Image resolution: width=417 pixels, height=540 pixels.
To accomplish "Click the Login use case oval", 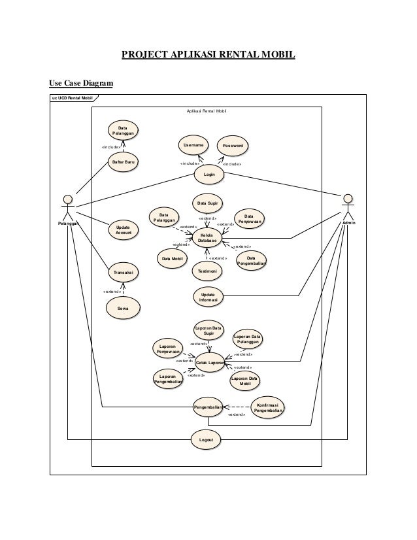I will (210, 175).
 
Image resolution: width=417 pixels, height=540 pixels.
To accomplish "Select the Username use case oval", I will (193, 144).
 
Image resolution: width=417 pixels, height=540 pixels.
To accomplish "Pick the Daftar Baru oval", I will (124, 161).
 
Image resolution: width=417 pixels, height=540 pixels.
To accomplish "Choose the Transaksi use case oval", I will (124, 271).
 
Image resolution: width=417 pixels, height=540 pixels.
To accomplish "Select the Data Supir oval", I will (208, 203).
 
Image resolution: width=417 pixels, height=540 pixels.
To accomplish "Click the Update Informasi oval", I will (208, 297).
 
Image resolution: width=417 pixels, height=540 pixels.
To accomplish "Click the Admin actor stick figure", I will (348, 208).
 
